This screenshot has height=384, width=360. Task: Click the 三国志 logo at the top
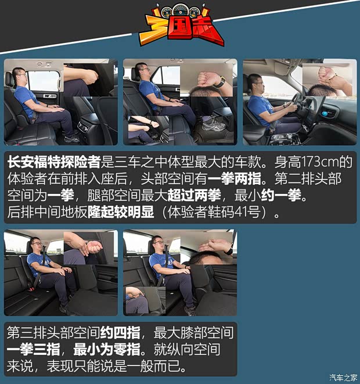(182, 25)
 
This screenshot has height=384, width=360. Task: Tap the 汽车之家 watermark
(343, 378)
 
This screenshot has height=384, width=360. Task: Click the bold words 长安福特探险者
(54, 162)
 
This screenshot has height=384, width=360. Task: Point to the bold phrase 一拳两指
(235, 178)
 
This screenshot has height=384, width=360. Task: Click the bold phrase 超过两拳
(195, 195)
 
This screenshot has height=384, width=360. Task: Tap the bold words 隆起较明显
(121, 212)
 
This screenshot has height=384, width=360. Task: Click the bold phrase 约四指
(120, 332)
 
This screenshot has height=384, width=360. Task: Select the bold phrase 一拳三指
(34, 349)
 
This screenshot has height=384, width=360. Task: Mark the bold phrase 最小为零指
(107, 349)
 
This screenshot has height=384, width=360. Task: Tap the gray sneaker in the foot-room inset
(212, 125)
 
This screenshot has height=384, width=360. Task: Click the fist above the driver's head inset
(325, 73)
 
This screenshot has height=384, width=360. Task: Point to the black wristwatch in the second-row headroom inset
(221, 82)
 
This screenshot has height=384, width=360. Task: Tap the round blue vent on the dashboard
(325, 114)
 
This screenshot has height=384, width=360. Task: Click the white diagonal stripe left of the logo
(66, 43)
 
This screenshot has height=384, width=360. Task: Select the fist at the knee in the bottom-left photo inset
(95, 248)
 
